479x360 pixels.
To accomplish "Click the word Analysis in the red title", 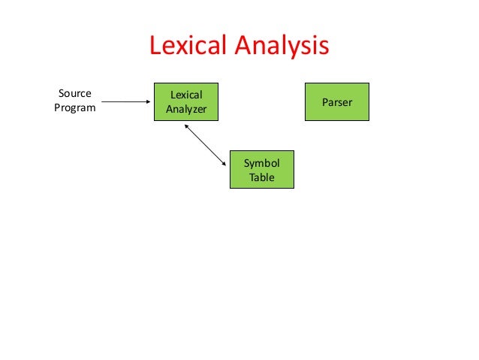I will (283, 46).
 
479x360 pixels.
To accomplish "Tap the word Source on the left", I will (74, 94).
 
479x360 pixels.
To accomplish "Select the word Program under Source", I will (74, 107).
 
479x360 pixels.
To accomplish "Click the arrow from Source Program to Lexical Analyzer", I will (126, 101).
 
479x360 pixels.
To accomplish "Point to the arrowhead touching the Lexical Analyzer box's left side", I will (149, 101).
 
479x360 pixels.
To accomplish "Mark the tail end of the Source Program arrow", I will (102, 101).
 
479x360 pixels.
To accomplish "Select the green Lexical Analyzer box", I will (186, 102).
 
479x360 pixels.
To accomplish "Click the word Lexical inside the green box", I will (186, 95).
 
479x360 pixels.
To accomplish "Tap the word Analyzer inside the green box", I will (186, 109).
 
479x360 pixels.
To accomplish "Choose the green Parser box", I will (336, 101).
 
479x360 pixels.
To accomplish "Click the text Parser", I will (336, 101).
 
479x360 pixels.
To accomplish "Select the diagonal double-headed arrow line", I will (205, 145).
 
